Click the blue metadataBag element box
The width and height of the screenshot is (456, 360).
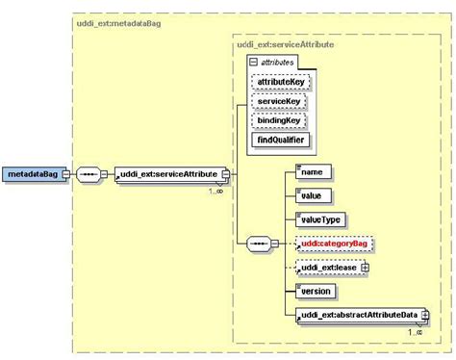pyautogui.click(x=34, y=175)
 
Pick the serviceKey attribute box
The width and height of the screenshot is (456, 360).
pyautogui.click(x=277, y=102)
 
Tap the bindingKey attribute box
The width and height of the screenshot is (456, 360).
pyautogui.click(x=277, y=120)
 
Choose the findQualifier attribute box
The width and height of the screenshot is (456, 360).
pyautogui.click(x=279, y=140)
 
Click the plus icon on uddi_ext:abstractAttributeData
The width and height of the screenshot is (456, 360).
pyautogui.click(x=423, y=316)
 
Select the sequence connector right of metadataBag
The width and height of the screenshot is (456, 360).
pyautogui.click(x=89, y=175)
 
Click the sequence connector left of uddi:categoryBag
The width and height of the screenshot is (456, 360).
pyautogui.click(x=260, y=244)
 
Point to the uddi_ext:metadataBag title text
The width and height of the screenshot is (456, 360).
pyautogui.click(x=114, y=20)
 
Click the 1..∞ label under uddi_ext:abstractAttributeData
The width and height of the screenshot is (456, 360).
pyautogui.click(x=416, y=331)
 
